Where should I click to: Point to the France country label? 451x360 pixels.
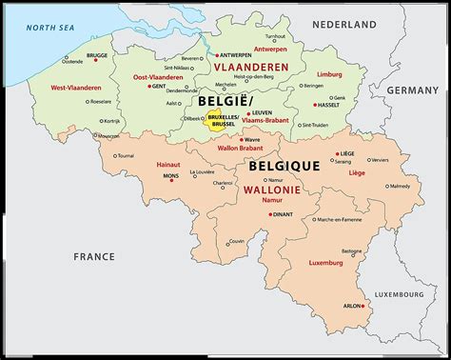tap(95, 256)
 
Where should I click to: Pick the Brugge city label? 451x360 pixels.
tap(98, 55)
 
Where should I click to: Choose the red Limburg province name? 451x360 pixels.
tap(328, 73)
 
